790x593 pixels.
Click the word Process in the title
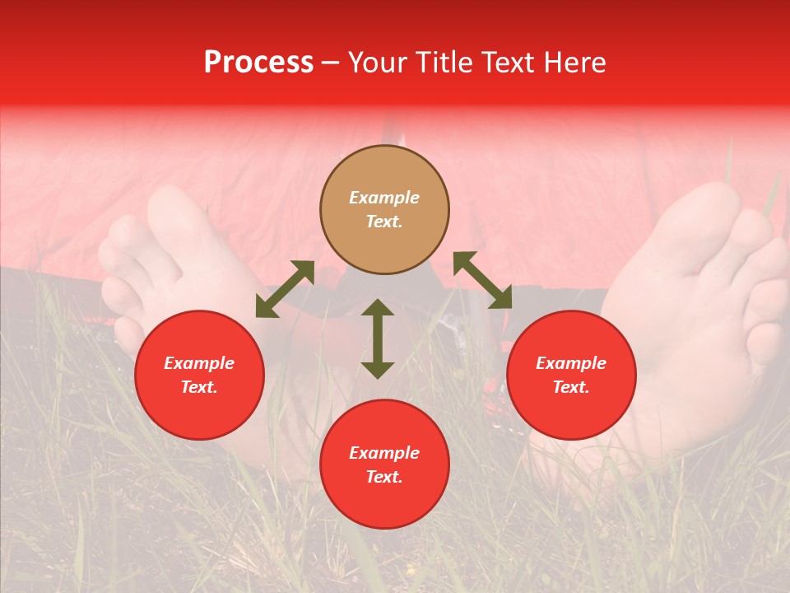tap(258, 63)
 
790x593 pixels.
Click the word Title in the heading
tap(444, 63)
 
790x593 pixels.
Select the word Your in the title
tap(378, 63)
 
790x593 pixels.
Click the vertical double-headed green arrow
tap(378, 339)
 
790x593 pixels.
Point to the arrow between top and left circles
tap(285, 289)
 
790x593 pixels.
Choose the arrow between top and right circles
tap(482, 281)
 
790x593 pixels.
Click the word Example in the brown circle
tap(384, 198)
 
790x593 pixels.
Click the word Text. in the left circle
tap(199, 387)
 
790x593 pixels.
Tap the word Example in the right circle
tap(571, 363)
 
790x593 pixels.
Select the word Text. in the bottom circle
tap(384, 477)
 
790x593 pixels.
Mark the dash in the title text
tap(331, 63)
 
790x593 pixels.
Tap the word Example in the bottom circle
tap(384, 453)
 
